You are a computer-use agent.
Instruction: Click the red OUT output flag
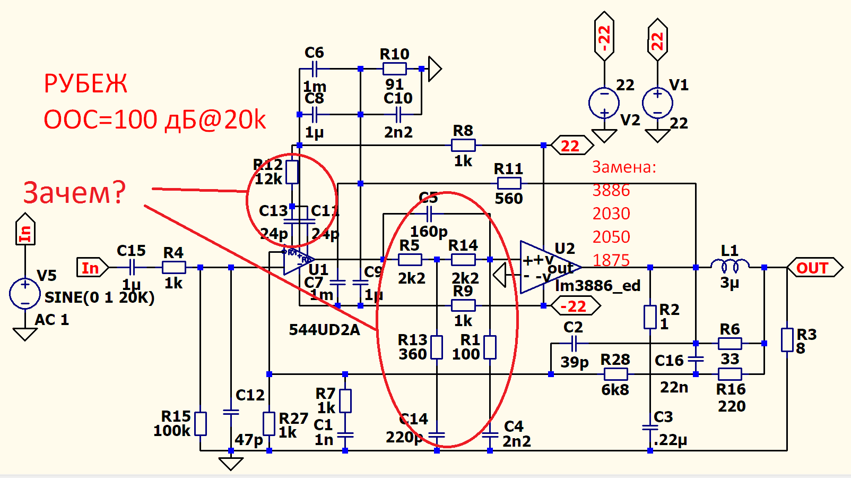pos(814,268)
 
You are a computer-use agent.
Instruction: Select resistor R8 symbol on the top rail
pos(463,145)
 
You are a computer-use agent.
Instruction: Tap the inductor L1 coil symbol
pos(730,264)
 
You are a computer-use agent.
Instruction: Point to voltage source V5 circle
pos(25,293)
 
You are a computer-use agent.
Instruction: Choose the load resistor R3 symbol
pos(787,340)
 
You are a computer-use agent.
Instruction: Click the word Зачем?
pos(74,192)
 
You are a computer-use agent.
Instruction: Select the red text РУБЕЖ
pos(85,84)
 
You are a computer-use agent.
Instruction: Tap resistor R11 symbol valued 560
pos(509,184)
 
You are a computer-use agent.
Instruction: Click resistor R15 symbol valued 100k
pos(201,423)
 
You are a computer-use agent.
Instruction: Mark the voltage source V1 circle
pos(657,103)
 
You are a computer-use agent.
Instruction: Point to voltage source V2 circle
pos(604,103)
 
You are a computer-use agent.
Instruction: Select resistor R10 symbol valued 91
pos(394,69)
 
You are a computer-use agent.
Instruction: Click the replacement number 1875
pos(611,260)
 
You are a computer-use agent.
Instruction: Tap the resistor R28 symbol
pos(615,374)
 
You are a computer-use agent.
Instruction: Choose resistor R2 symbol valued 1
pos(650,317)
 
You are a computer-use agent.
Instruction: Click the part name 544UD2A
pos(324,330)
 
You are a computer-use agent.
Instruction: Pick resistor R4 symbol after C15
pos(173,267)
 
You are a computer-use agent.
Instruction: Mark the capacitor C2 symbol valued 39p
pos(574,344)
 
